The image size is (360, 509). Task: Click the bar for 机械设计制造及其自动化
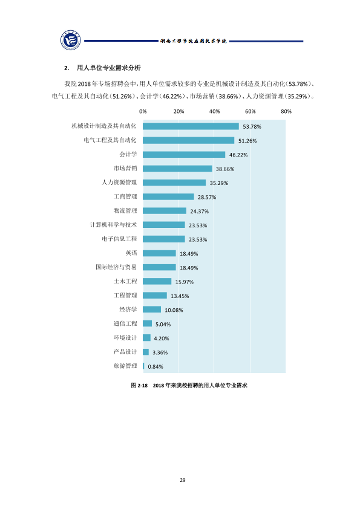(x=191, y=126)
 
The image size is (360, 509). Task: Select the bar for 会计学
(x=184, y=155)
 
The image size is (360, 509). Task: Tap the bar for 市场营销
(x=177, y=169)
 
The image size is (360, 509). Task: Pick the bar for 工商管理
(x=168, y=196)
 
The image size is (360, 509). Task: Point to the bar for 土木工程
(x=157, y=281)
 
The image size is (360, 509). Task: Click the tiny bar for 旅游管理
(x=143, y=366)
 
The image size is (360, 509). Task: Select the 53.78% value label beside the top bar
(x=252, y=126)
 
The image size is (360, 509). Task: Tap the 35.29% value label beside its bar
(x=219, y=183)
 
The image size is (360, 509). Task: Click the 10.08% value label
(x=174, y=310)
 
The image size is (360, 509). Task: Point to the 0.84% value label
(x=155, y=366)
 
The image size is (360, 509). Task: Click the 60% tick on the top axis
(x=250, y=111)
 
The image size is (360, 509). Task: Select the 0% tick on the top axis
(x=143, y=111)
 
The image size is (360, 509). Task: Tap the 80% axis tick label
(x=286, y=111)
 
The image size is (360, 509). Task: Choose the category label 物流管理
(x=125, y=211)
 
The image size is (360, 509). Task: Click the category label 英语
(x=131, y=253)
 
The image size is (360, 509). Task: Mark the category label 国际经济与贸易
(x=116, y=267)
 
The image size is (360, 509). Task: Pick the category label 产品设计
(x=125, y=352)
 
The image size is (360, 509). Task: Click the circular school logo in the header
(x=71, y=41)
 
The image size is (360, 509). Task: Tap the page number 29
(x=183, y=480)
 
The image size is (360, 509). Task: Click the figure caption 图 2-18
(x=139, y=385)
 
